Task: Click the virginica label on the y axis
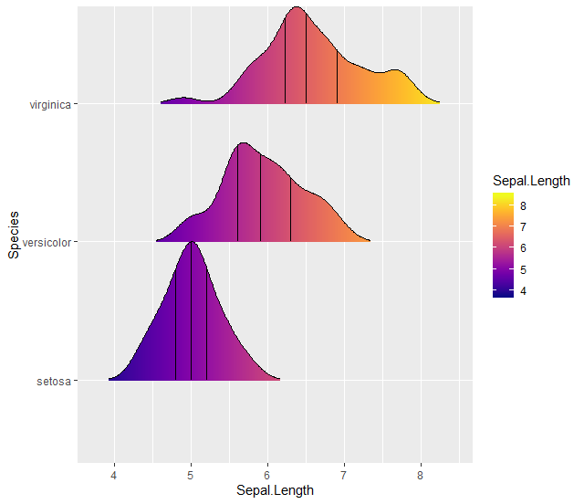[x=50, y=105]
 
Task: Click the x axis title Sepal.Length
[x=275, y=490]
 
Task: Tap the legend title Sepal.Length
[x=531, y=179]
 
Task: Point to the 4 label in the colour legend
[x=523, y=290]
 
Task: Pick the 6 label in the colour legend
[x=523, y=248]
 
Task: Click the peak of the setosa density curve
[x=191, y=242]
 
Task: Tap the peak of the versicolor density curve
[x=243, y=142]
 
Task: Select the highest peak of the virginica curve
[x=297, y=7]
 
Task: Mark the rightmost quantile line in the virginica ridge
[x=337, y=78]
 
